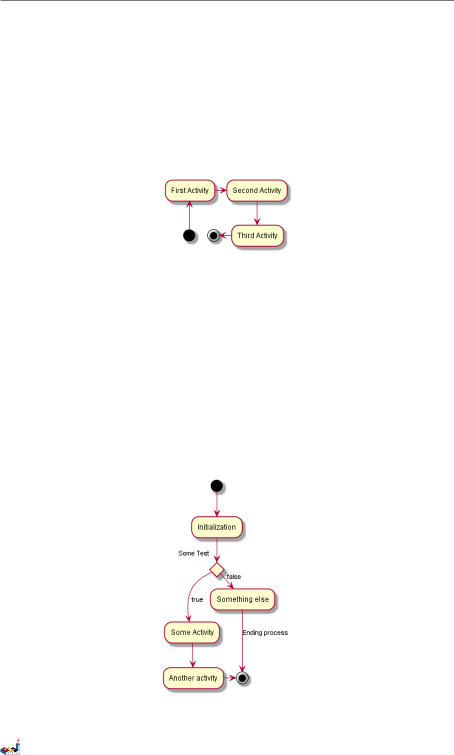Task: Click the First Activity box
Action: tap(190, 190)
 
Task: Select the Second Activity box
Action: tap(257, 190)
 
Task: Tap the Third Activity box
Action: tap(257, 235)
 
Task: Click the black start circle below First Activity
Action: tap(189, 235)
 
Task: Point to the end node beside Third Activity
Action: tap(214, 235)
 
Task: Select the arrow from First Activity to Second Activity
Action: tap(221, 190)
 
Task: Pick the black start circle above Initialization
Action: tap(216, 485)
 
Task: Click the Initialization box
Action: tap(216, 527)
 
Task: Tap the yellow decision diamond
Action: tap(217, 569)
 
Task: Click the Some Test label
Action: tap(193, 553)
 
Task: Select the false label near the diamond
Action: tap(234, 577)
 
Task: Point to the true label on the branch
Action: tap(197, 599)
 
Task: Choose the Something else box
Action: tap(242, 599)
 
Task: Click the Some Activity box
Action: tap(192, 632)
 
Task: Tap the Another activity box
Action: tap(193, 678)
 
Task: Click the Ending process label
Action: tap(265, 633)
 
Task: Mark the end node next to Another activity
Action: tap(242, 678)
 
